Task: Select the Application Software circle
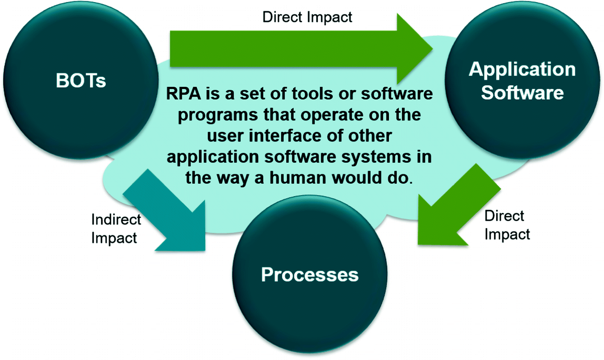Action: click(522, 81)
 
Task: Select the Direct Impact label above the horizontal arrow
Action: click(307, 17)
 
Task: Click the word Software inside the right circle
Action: click(522, 92)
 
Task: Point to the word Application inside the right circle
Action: click(522, 69)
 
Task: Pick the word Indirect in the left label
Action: click(116, 219)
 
